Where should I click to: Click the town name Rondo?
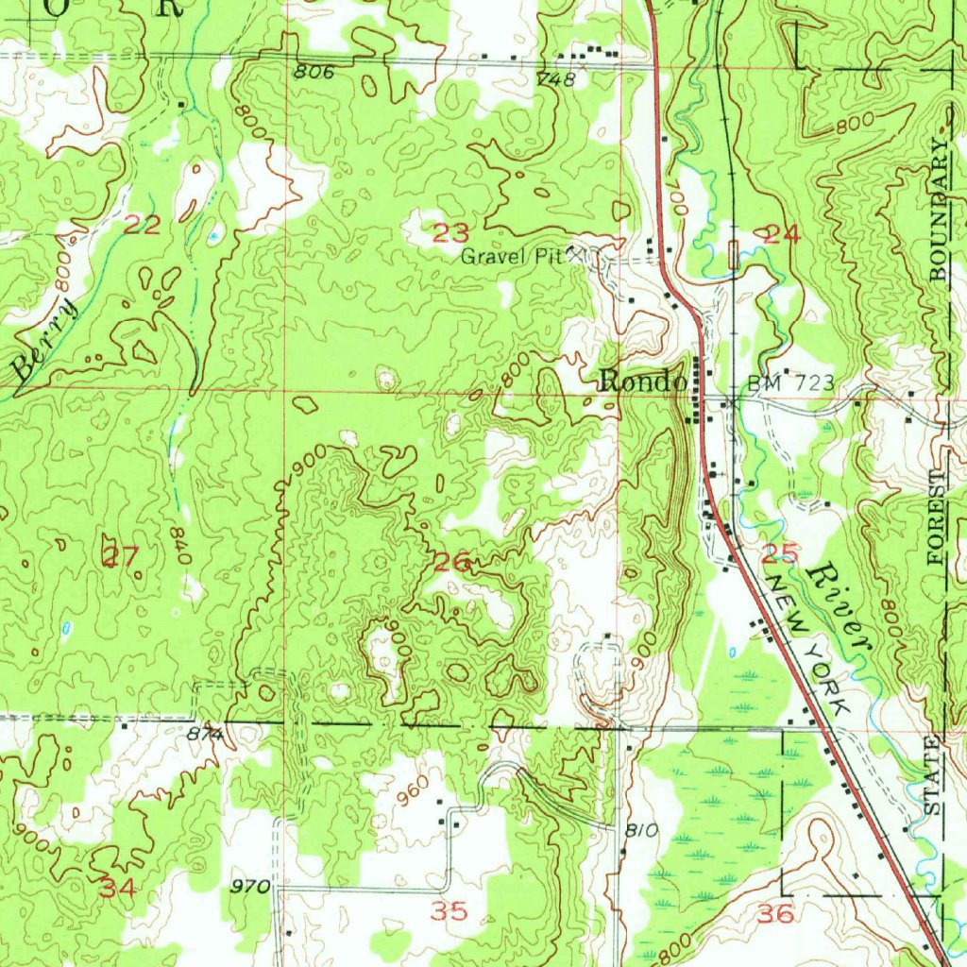click(642, 382)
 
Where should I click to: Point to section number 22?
click(143, 225)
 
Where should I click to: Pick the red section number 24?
click(782, 235)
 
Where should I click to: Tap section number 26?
click(452, 563)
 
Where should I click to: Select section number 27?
click(120, 557)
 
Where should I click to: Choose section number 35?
click(449, 911)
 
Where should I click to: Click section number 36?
click(774, 912)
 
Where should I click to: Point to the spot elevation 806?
click(314, 71)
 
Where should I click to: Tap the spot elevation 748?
click(555, 79)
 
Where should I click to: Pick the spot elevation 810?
click(640, 831)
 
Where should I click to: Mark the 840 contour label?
click(181, 544)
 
